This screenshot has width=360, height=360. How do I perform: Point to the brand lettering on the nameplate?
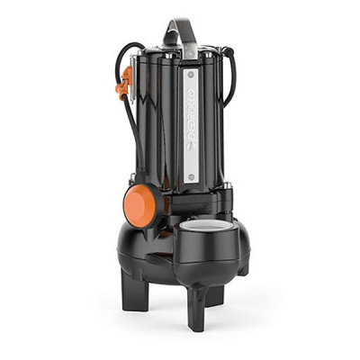coord(191,126)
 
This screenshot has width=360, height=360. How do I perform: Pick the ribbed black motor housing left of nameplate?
coord(162,126)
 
